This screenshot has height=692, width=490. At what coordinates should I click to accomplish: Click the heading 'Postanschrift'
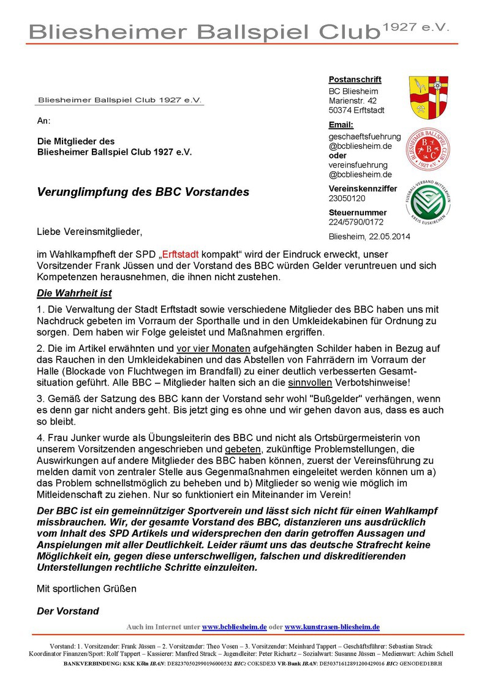pos(355,80)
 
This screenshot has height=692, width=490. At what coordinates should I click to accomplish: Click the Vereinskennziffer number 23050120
pos(347,198)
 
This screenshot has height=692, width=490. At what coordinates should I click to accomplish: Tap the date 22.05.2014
pos(390,236)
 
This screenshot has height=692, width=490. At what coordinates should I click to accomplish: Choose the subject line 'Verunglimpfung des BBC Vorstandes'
pos(143,192)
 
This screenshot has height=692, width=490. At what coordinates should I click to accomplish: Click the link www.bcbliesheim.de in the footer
pos(234,627)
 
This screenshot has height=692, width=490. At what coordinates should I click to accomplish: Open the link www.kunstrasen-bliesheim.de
pos(332,627)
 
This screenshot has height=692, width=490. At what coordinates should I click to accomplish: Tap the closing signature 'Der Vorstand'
pos(68,611)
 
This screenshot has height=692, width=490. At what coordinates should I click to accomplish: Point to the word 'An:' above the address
pos(44,121)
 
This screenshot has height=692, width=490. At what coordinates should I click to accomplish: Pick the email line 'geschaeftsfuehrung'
pos(364,136)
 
